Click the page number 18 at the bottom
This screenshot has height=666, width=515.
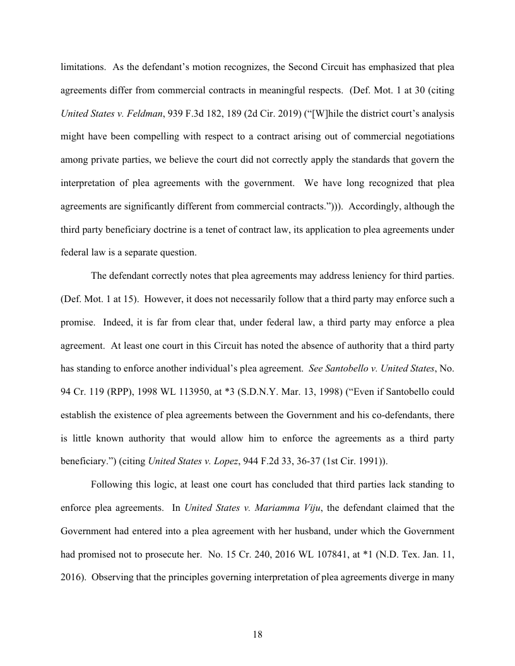click(x=257, y=634)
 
